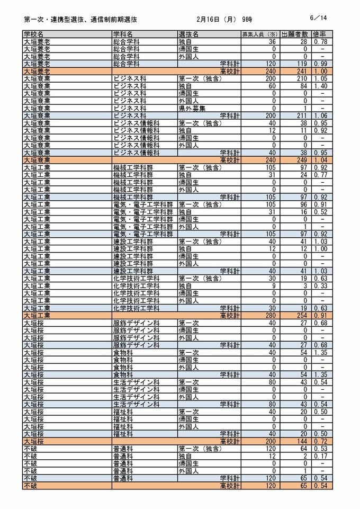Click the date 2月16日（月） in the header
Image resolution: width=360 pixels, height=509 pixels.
217,19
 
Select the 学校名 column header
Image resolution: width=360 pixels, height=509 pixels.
34,34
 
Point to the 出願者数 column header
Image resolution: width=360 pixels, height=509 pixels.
295,34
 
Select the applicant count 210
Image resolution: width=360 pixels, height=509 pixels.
301,78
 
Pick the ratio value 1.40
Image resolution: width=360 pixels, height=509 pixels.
320,86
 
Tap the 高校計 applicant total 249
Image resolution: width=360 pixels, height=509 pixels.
301,160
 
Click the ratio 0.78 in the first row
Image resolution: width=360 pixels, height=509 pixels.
320,41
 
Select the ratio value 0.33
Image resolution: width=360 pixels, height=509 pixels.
320,286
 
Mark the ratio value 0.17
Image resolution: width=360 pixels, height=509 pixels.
320,456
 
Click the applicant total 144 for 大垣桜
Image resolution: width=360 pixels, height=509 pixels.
301,441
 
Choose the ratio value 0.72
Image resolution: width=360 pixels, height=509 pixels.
320,441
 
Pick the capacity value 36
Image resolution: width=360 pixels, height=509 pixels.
273,41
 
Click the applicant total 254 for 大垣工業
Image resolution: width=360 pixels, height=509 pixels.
301,316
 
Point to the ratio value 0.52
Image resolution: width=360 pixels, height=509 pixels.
320,212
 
